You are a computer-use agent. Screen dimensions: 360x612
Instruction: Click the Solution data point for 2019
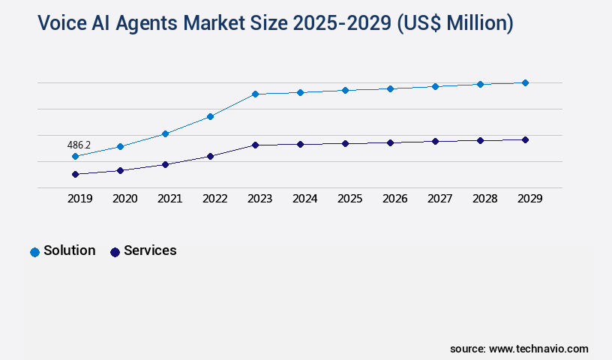[75, 156]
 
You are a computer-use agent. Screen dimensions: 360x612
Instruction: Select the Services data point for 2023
[255, 145]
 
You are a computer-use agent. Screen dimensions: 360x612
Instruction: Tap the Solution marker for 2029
[525, 82]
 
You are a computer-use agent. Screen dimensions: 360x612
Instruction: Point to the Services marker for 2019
[75, 174]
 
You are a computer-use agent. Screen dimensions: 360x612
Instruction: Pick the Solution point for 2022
[210, 116]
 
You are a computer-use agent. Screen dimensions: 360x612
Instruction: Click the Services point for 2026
[390, 142]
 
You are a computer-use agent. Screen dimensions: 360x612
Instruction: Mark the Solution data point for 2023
[255, 94]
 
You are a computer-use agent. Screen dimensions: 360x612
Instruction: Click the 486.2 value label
[79, 145]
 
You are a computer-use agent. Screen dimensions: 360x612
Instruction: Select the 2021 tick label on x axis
[169, 199]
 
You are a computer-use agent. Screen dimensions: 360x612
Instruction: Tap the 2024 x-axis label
[304, 199]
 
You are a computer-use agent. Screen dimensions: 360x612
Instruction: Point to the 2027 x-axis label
[439, 199]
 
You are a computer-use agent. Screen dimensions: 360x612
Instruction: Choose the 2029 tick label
[529, 199]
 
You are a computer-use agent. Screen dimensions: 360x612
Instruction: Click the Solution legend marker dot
[34, 252]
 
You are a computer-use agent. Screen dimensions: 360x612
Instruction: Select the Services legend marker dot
[115, 252]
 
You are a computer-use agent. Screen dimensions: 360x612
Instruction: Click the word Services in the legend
[150, 250]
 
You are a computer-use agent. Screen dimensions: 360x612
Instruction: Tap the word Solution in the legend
[69, 250]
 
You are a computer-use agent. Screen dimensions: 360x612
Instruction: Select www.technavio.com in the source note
[538, 349]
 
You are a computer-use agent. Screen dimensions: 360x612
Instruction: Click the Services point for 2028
[480, 140]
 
